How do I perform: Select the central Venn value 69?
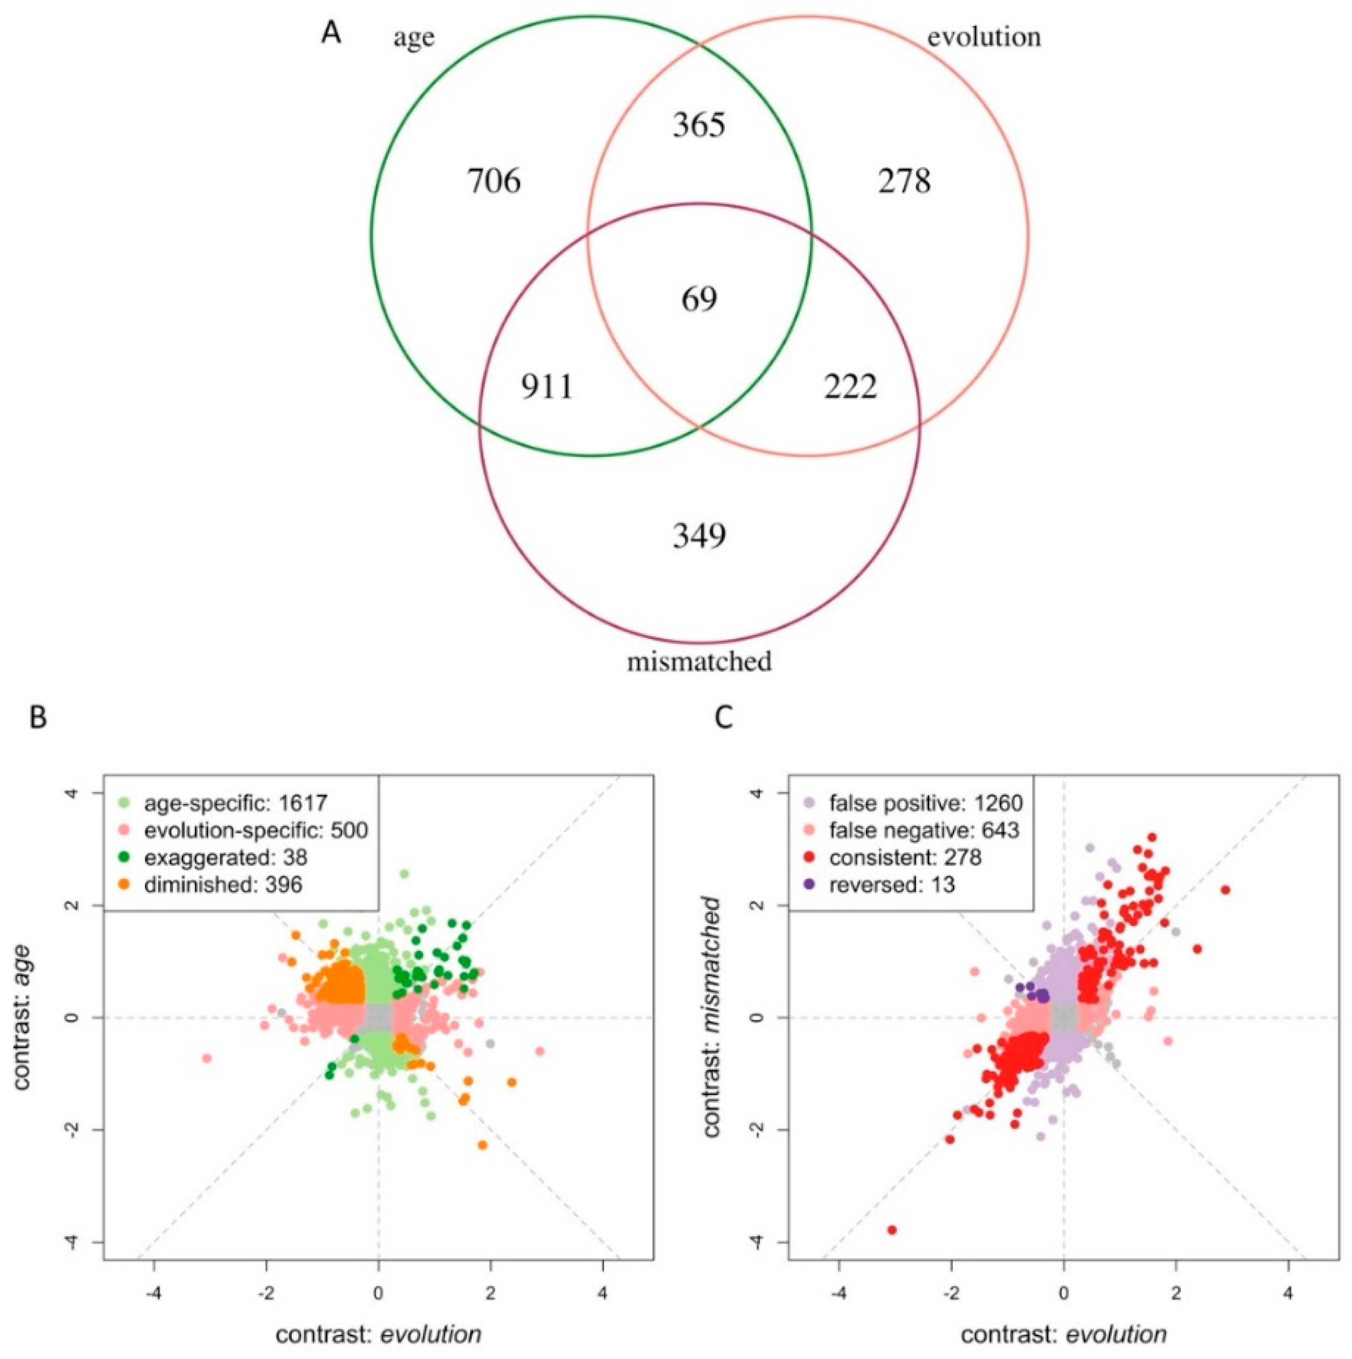699,299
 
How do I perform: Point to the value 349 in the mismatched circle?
699,536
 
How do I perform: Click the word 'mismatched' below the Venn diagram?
699,662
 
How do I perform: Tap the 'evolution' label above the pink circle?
983,37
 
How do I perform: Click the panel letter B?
39,717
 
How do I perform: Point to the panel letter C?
724,717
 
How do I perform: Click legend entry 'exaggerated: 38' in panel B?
225,857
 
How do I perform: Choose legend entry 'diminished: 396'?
223,884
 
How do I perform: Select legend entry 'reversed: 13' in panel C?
891,884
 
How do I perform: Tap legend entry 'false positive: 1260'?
925,803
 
